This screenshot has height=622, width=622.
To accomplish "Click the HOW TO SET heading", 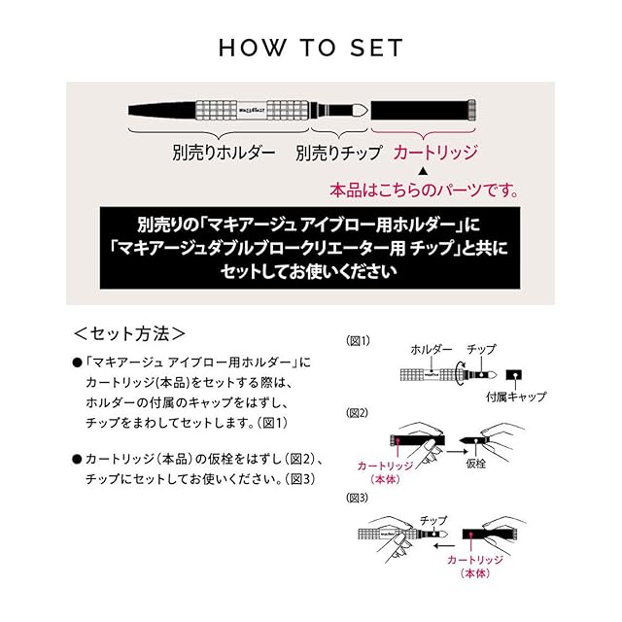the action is point(311,48).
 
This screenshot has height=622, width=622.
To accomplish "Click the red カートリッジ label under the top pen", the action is point(435,153).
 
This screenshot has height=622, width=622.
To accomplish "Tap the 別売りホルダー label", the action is point(224,153).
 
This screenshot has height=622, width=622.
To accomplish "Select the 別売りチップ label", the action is point(338,153).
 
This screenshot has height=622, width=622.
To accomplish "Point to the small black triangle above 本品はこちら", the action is point(423,171).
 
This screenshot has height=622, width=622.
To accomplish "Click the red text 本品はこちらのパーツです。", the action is point(425,190).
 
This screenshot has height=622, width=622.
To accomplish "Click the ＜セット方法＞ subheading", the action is point(129,333).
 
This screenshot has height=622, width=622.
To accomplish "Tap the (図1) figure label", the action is point(358,341).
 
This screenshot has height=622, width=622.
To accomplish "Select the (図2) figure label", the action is point(358,413).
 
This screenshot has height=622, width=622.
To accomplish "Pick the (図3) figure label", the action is point(358,498).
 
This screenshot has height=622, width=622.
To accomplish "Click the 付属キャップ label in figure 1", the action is point(516,397).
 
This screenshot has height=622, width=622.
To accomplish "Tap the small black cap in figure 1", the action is point(514,375).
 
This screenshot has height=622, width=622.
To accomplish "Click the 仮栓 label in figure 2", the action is point(475,464).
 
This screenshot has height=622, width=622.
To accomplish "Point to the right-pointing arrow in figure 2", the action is point(458,451).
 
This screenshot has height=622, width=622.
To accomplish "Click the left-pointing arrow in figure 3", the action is point(444,546).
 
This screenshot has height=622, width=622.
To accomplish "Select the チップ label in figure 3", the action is point(433,520).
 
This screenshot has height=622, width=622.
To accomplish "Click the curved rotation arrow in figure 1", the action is point(461,372).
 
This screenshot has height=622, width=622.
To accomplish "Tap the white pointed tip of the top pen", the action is point(361,110).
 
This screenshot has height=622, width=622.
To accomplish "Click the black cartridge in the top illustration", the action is point(424,110).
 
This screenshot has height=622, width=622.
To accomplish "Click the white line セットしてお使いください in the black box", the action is point(309,272).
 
